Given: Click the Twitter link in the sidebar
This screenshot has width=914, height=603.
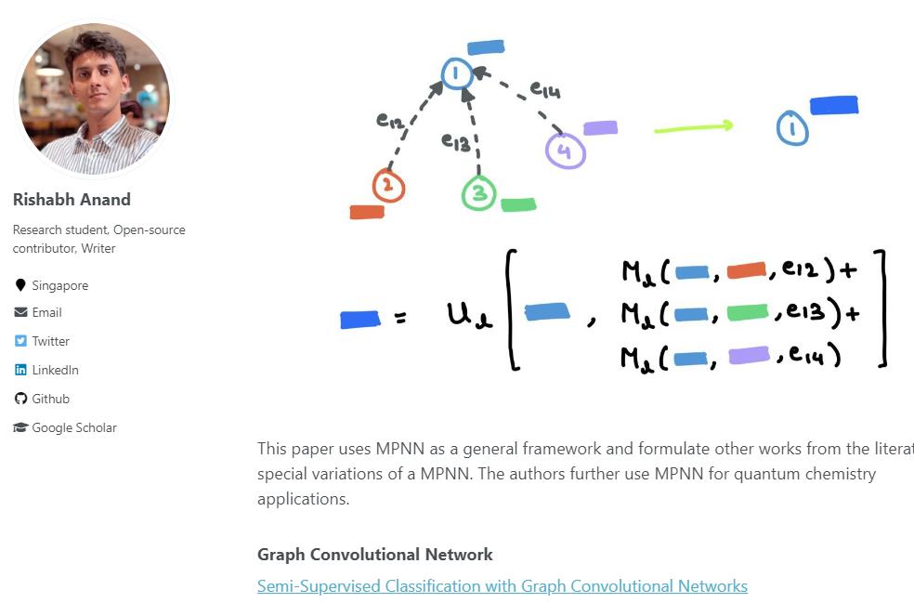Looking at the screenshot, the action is coord(51,341).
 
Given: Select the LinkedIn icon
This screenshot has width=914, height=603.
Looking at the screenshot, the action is coord(20,370).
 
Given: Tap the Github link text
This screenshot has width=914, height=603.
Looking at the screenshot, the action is coord(51,399).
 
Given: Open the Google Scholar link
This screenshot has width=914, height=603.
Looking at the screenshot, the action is coord(74,427).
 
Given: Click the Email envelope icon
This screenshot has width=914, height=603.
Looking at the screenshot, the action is coord(20,312).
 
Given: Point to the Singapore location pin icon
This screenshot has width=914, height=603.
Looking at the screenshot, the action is coord(20,284).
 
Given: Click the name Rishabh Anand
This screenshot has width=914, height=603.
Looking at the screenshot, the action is coord(72,200).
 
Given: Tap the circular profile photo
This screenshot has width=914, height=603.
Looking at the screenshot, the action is coord(95,98).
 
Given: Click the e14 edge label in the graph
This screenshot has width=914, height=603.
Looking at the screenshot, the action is coord(545,89).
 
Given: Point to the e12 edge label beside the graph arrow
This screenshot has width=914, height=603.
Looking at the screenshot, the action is coord(389,121).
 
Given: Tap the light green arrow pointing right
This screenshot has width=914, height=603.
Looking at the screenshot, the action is coord(693,127).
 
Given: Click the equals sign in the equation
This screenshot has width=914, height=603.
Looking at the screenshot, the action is coord(399,319).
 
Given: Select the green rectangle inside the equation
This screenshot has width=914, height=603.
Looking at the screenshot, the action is coord(748,312).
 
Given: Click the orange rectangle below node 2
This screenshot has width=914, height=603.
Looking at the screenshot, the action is coord(367,212).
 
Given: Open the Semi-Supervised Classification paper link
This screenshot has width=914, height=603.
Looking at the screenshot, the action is coord(502,586).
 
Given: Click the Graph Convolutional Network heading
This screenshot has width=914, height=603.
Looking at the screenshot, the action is coord(375,554).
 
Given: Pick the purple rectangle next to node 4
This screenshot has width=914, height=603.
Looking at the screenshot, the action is coord(600,127).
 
